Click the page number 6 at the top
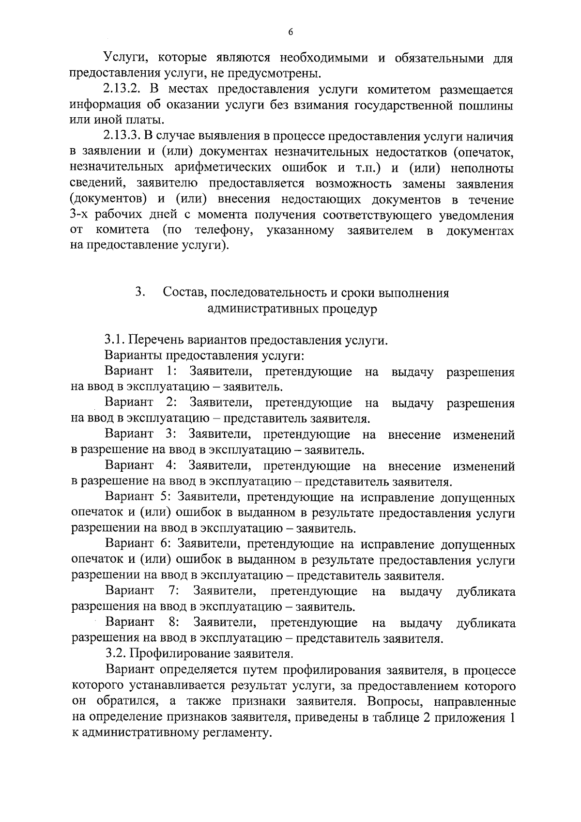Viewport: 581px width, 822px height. [290, 32]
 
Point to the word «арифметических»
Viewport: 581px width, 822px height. [220, 168]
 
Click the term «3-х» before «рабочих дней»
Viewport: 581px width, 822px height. [80, 215]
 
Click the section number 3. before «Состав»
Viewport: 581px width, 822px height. [140, 292]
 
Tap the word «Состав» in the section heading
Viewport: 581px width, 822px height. [183, 293]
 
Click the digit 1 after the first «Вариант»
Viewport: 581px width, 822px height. [170, 372]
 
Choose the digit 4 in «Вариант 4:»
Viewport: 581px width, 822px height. [169, 466]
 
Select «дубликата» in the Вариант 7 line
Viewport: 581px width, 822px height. [486, 591]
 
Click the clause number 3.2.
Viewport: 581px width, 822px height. [115, 654]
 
